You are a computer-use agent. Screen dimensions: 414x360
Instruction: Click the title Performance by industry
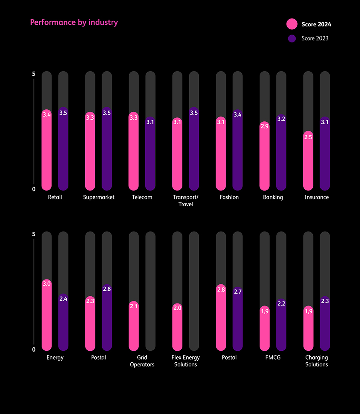pyautogui.click(x=74, y=22)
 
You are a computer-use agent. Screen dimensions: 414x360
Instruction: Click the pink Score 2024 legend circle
pyautogui.click(x=292, y=24)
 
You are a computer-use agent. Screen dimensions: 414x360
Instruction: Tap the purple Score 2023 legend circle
pyautogui.click(x=292, y=38)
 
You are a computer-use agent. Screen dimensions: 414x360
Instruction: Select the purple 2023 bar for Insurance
pyautogui.click(x=325, y=156)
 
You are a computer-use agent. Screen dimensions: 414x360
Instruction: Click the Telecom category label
pyautogui.click(x=142, y=197)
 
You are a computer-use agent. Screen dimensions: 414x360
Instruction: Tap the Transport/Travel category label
pyautogui.click(x=186, y=201)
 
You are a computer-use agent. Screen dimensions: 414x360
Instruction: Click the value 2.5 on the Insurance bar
pyautogui.click(x=308, y=137)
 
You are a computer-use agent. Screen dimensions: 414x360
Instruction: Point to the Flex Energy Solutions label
pyautogui.click(x=186, y=361)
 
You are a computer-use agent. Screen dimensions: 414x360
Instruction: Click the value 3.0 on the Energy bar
pyautogui.click(x=47, y=284)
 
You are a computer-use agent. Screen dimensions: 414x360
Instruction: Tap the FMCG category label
pyautogui.click(x=273, y=357)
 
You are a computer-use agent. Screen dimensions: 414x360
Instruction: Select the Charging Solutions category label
pyautogui.click(x=316, y=361)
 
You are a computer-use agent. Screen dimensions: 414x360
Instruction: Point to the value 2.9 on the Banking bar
pyautogui.click(x=264, y=126)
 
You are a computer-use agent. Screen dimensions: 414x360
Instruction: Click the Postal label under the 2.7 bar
pyautogui.click(x=229, y=357)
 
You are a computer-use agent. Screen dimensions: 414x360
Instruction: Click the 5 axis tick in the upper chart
pyautogui.click(x=34, y=74)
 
